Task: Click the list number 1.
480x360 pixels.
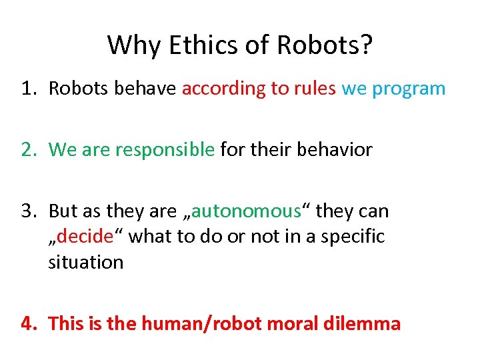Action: pos(27,89)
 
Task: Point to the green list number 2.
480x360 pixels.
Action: pos(27,150)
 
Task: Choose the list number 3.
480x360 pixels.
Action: pos(27,211)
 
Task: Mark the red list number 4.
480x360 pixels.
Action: pos(28,324)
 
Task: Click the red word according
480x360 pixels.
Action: pos(224,89)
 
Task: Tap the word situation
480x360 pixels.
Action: pos(85,262)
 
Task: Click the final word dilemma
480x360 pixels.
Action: pos(365,324)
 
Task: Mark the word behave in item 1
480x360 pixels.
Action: pos(145,89)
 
